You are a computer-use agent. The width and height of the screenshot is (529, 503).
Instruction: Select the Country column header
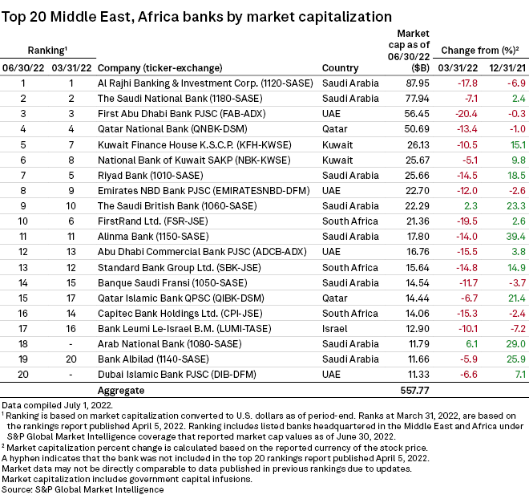[x=340, y=67]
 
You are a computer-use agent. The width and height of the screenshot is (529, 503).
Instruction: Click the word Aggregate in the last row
[x=120, y=390]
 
